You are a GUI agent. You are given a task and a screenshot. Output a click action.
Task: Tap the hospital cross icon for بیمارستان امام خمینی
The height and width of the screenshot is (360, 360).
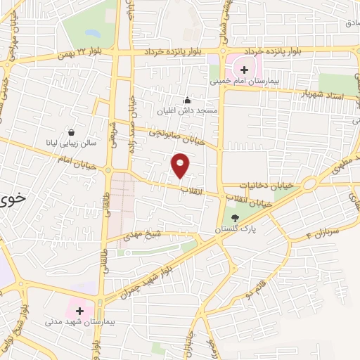(245, 70)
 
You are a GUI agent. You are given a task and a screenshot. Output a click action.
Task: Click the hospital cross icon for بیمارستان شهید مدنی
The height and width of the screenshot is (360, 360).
(79, 310)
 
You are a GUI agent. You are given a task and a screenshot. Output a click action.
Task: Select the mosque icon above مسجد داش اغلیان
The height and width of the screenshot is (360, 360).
(186, 100)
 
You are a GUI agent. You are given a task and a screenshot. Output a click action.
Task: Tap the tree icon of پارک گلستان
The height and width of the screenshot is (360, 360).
(235, 218)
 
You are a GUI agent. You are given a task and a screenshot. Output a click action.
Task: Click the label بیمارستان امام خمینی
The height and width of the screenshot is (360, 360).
(245, 81)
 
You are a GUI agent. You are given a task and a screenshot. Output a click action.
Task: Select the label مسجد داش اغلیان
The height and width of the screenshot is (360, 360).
(187, 111)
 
